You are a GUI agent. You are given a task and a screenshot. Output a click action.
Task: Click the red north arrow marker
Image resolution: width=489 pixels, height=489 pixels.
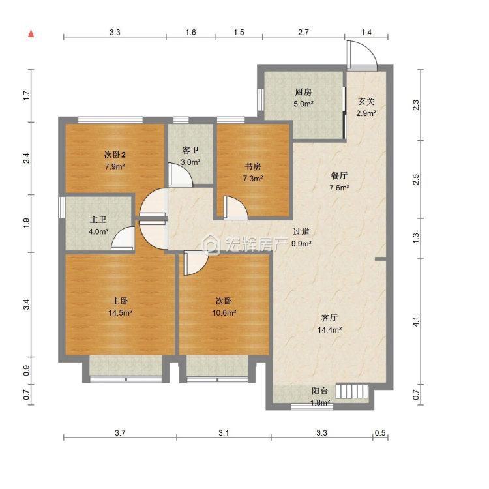pos(31,34)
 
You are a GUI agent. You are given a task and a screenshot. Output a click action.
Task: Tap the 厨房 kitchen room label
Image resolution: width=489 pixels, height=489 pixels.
pos(303,93)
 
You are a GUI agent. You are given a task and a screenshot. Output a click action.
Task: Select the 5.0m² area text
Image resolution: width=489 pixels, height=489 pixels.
pos(303,104)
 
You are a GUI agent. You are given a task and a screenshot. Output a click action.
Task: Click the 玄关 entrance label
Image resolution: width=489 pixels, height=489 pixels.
pos(366,102)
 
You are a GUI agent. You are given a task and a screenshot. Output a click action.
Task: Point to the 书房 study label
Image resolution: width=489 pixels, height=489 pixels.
pos(252,167)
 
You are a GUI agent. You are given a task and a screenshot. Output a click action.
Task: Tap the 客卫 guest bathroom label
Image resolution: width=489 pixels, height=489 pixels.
pos(190,151)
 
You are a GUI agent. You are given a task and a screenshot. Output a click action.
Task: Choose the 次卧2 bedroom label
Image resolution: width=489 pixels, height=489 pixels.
pos(115,155)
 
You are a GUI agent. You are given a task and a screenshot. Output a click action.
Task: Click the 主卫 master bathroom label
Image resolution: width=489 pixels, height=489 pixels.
pos(98,220)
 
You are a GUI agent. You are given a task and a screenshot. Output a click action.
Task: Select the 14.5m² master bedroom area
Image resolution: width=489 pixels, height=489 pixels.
pos(121,313)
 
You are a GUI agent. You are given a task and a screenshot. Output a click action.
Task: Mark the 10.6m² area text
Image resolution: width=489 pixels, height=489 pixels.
pos(224,313)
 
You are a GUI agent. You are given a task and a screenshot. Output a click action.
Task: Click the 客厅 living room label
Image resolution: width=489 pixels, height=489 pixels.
pos(329,318)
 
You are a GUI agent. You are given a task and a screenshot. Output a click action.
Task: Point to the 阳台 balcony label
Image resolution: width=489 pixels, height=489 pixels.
pos(319,391)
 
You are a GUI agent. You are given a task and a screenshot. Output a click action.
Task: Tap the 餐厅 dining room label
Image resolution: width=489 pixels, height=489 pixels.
pos(339,176)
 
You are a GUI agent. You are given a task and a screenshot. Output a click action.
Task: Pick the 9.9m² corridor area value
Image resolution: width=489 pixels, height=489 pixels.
pos(301,244)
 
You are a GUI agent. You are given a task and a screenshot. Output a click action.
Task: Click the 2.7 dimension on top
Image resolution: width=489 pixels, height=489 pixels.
pos(303,32)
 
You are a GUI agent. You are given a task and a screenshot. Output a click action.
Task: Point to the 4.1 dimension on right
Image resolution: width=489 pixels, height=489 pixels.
pos(416,322)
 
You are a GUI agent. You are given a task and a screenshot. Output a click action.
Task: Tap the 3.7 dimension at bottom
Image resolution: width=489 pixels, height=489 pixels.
pos(120,433)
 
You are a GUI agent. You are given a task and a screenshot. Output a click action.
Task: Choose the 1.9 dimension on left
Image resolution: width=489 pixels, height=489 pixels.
pos(26,223)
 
